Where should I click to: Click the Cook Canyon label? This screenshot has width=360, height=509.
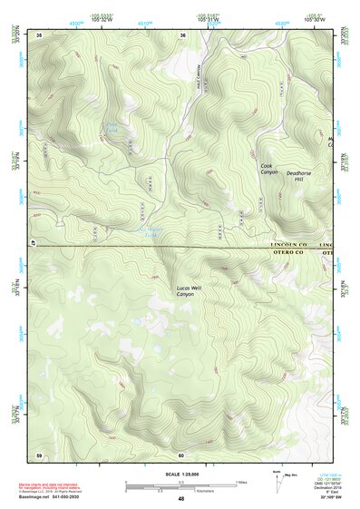tap(269, 169)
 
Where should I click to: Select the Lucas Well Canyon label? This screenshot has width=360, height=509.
tap(185, 291)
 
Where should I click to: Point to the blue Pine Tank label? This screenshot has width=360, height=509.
tap(111, 128)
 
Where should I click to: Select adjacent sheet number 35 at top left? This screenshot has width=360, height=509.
tap(39, 34)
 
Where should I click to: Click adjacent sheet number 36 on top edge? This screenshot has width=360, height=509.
tap(183, 34)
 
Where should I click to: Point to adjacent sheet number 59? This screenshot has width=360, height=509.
tap(39, 455)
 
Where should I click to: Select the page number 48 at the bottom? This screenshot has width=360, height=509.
tap(181, 499)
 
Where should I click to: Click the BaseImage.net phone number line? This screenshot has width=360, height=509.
tap(57, 498)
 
